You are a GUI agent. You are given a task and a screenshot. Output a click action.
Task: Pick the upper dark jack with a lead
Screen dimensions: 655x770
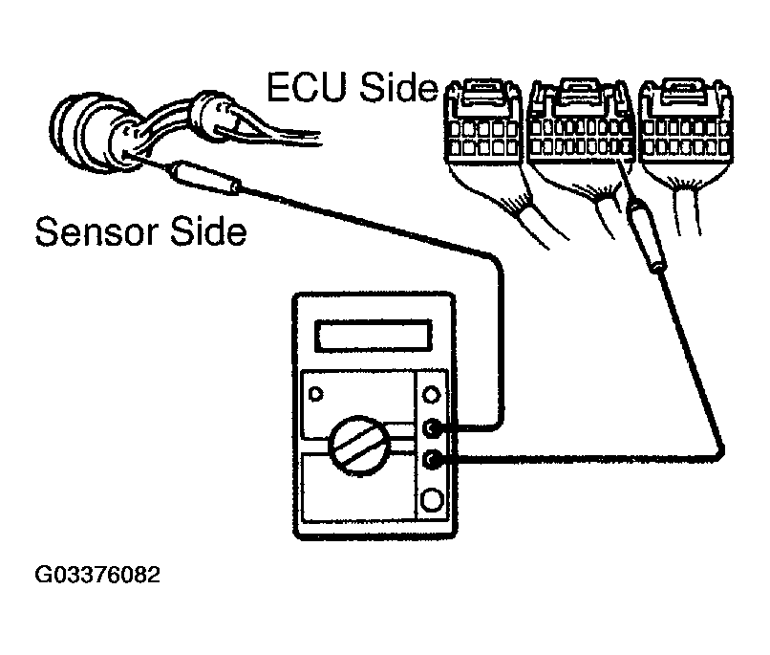[x=435, y=427]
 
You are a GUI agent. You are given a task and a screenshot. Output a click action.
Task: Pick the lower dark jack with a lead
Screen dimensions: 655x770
[x=435, y=460]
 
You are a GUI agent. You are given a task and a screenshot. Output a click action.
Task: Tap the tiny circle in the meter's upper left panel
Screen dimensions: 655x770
[x=316, y=390]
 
